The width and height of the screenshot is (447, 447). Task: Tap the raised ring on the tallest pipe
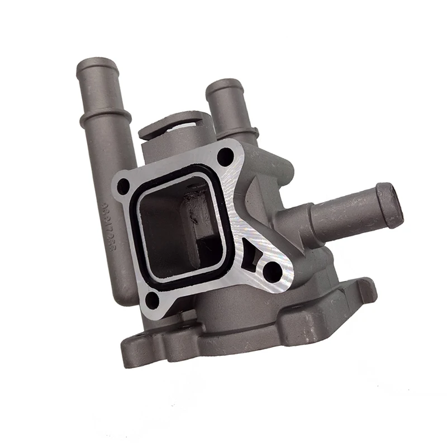click(105, 118)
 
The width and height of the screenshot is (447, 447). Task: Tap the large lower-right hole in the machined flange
click(272, 272)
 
